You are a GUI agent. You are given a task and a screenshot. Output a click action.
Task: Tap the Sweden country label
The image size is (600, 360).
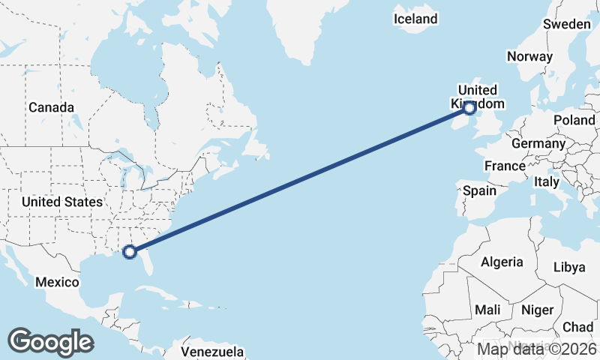click(x=566, y=24)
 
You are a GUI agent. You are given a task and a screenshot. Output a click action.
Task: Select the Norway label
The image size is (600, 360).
click(x=529, y=56)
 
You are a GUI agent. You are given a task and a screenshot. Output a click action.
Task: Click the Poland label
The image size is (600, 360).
click(x=574, y=120)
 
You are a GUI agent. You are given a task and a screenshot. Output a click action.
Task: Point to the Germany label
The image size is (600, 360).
click(x=538, y=143)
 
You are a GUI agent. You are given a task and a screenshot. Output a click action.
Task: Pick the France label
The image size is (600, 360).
click(x=504, y=166)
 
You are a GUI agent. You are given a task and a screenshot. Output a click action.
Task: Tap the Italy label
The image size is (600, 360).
click(x=546, y=181)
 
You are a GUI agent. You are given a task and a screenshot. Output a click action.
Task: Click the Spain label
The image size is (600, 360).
click(x=479, y=190)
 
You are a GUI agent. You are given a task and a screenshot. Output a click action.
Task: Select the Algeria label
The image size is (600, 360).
click(x=501, y=262)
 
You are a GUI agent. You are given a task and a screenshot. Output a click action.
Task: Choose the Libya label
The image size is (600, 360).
click(x=570, y=267)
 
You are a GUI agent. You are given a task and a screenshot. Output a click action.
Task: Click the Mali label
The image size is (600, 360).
click(x=487, y=310)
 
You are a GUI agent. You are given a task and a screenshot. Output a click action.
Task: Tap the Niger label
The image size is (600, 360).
click(x=537, y=310)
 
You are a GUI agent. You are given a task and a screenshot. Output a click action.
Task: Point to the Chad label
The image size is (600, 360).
click(x=578, y=327)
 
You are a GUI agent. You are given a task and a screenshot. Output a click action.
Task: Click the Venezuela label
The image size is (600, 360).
click(x=213, y=351)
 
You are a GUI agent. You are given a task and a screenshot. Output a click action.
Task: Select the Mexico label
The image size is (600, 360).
click(x=58, y=282)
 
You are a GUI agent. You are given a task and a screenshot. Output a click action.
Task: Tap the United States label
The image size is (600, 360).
click(x=61, y=202)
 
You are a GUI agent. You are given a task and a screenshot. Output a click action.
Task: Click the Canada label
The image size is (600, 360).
click(x=51, y=107)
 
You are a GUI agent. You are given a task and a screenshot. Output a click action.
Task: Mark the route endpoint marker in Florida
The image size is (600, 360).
click(x=130, y=252)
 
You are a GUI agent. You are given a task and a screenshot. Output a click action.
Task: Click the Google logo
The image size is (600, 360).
click(x=50, y=341)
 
